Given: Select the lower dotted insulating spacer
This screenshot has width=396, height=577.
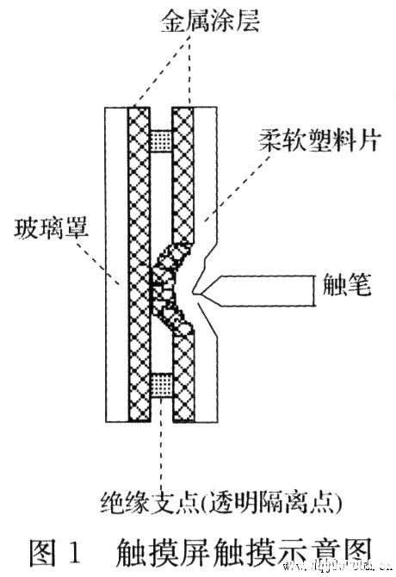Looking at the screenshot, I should pos(163,384).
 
